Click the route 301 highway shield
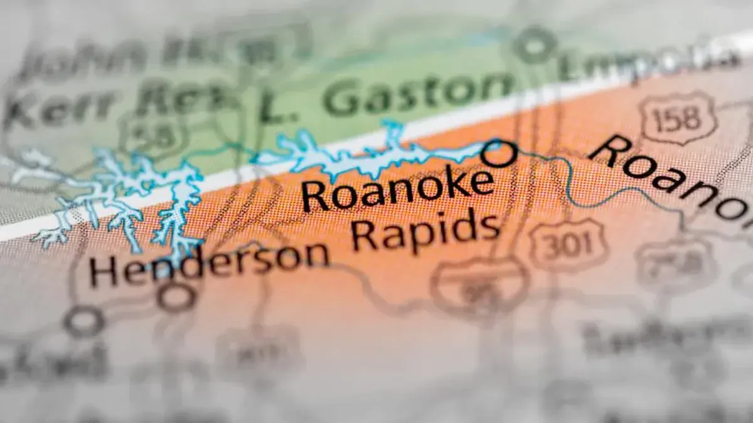pyautogui.click(x=568, y=244)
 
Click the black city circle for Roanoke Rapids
pyautogui.click(x=499, y=153)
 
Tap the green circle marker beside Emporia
pyautogui.click(x=534, y=44)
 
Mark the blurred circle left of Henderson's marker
pyautogui.click(x=84, y=321)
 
